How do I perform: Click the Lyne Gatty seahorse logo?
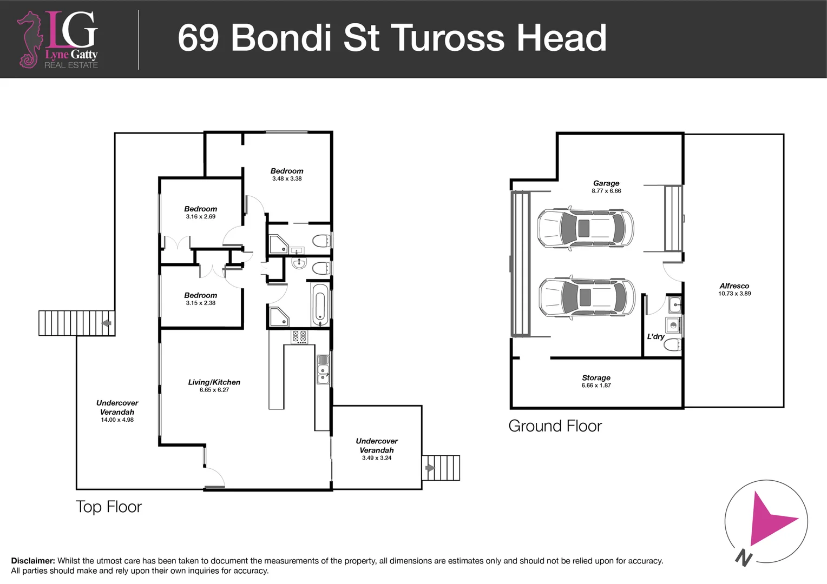pyautogui.click(x=29, y=40)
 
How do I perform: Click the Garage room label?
pyautogui.click(x=606, y=183)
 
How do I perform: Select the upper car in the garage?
pyautogui.click(x=585, y=228)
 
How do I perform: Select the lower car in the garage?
pyautogui.click(x=587, y=297)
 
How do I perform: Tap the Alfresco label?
pyautogui.click(x=734, y=286)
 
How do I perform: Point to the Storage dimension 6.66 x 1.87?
pyautogui.click(x=596, y=386)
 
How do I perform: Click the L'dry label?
pyautogui.click(x=655, y=336)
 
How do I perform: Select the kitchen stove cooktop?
pyautogui.click(x=299, y=336)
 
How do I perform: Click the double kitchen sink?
pyautogui.click(x=323, y=370)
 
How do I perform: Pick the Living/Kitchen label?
pyautogui.click(x=214, y=382)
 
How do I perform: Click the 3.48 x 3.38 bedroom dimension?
pyautogui.click(x=287, y=178)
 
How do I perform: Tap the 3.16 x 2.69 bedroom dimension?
pyautogui.click(x=200, y=216)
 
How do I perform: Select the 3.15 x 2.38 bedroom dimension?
pyautogui.click(x=200, y=303)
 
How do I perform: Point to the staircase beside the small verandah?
pyautogui.click(x=441, y=468)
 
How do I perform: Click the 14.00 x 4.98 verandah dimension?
pyautogui.click(x=117, y=420)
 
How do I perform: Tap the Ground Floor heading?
pyautogui.click(x=555, y=426)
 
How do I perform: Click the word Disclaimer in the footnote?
pyautogui.click(x=32, y=561)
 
